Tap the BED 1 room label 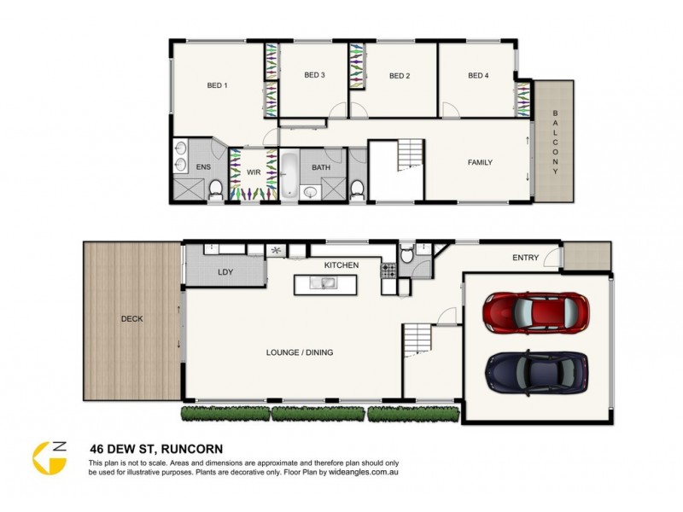217,85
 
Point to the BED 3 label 314,75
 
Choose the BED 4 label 478,76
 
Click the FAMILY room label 479,162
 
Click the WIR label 253,172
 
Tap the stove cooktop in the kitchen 388,271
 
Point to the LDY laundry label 225,272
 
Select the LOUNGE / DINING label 300,352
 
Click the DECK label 131,319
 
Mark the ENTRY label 525,258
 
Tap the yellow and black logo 49,456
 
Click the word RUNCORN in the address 201,446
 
